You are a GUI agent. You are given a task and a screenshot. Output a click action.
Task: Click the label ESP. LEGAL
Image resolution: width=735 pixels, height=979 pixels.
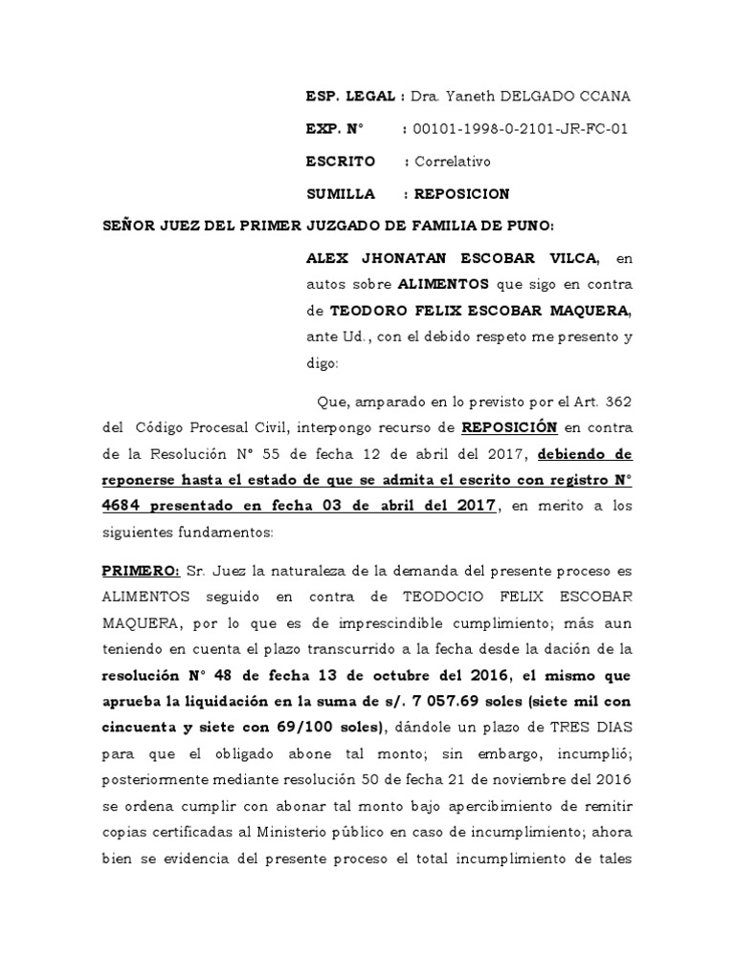point(350,98)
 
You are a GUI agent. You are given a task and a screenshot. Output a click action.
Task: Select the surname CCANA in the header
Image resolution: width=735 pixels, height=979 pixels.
point(603,98)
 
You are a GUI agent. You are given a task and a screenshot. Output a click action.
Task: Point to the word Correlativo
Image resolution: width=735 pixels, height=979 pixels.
point(451,162)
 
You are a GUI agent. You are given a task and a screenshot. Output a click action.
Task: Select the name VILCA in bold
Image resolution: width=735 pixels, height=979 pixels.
point(569,258)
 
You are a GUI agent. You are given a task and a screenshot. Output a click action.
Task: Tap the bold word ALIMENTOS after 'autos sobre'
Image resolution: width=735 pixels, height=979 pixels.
point(443,284)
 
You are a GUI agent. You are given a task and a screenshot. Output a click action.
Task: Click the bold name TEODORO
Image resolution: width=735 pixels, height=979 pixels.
point(368,311)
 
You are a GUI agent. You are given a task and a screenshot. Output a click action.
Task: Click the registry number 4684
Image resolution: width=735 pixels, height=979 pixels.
point(124,479)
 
